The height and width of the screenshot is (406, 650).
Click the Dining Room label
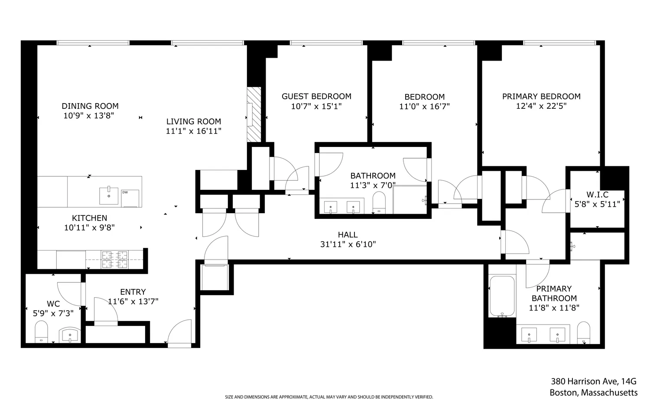point(90,106)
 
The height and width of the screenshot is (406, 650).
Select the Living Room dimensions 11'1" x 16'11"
point(194,131)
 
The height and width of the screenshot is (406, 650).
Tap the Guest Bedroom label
point(316,96)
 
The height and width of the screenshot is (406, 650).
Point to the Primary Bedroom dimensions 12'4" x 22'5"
point(541,106)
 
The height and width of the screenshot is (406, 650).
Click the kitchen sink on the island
point(109,195)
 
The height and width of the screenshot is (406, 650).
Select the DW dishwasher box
point(130,198)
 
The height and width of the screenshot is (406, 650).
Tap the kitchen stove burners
point(115,259)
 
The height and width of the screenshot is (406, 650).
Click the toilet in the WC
point(41,332)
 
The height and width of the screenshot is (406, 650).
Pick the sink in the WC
point(70,335)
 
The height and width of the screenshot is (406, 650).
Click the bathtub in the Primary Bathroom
point(502,296)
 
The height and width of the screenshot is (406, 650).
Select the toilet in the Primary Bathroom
point(584,333)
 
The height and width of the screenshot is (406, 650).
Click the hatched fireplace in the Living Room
point(254,114)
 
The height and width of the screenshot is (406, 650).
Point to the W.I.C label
point(598,195)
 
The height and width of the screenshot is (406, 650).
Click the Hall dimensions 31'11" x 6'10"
point(348,244)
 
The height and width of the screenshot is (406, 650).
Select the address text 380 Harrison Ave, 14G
point(593,381)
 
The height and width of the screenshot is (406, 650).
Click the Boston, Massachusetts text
point(593,393)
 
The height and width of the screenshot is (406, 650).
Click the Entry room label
point(133,292)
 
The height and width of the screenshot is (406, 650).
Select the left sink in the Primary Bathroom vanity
point(529,335)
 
